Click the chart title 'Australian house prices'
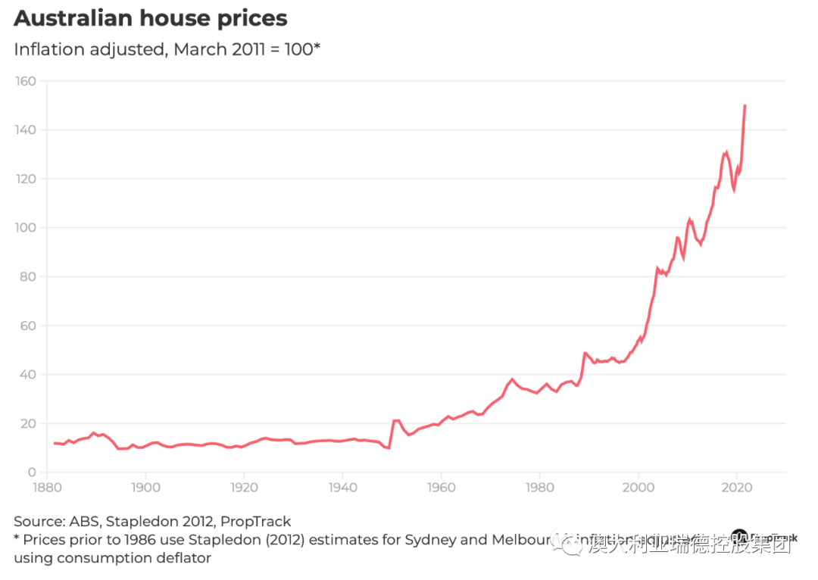pos(150,18)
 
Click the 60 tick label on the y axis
pos(29,326)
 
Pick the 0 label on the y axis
pos(33,472)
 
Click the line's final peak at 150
pos(745,106)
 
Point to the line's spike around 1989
pos(585,353)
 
